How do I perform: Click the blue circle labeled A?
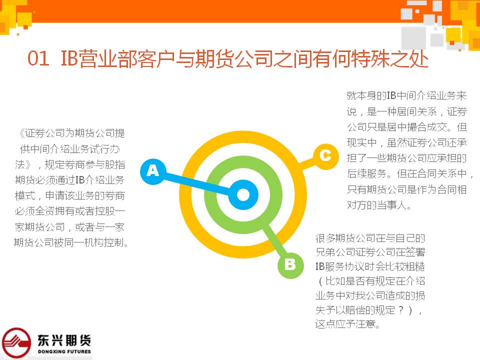point(153,171)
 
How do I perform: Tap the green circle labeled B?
point(290,265)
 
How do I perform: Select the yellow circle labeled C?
point(325,156)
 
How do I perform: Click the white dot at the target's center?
point(243,194)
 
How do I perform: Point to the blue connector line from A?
point(197,183)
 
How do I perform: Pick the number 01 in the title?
point(38,58)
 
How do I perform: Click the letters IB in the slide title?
point(69,58)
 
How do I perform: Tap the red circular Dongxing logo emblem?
point(16,342)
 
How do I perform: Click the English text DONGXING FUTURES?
point(64,351)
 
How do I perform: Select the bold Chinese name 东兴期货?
point(64,340)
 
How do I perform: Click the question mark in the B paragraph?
point(401,310)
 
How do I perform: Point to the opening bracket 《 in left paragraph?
point(21,133)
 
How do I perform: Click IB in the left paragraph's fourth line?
point(80,180)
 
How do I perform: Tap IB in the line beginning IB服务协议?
point(320,266)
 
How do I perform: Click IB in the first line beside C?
point(391,95)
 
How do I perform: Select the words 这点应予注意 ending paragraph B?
point(345,324)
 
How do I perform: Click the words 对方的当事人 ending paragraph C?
point(376,205)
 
